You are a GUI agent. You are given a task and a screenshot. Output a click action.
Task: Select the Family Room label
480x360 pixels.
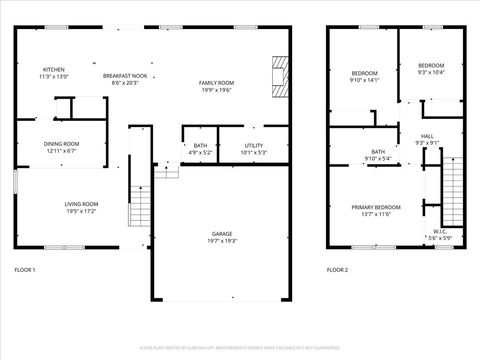[216, 86]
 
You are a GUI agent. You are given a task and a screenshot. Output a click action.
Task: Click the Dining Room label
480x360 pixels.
[61, 147]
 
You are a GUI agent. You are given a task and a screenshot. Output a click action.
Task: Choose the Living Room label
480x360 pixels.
[75, 206]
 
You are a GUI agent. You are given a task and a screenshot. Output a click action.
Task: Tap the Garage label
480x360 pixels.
[221, 237]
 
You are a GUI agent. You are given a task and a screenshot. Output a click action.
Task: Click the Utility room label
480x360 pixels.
[254, 149]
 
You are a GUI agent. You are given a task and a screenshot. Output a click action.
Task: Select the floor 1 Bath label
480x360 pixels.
[201, 149]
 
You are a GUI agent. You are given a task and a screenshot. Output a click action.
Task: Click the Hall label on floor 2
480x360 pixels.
[427, 139]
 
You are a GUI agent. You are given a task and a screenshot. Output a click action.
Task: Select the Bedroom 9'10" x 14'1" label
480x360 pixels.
[365, 77]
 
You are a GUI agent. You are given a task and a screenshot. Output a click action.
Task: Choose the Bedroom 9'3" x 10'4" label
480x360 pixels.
[431, 69]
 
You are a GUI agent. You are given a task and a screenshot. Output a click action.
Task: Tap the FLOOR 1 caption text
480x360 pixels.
[25, 270]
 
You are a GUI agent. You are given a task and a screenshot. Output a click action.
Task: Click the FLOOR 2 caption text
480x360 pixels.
[338, 270]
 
